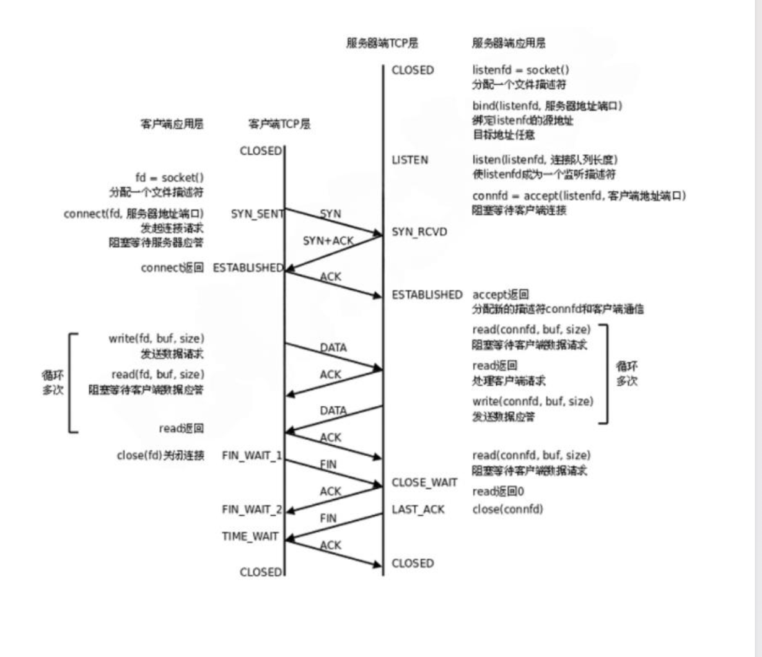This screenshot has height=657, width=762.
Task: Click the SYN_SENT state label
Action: (x=257, y=214)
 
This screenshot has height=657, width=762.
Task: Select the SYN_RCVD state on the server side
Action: (x=419, y=232)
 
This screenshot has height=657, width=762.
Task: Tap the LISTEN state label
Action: (x=409, y=160)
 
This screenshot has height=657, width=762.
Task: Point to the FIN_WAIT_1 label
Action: (x=252, y=456)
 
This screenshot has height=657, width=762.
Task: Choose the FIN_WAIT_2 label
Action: (x=252, y=510)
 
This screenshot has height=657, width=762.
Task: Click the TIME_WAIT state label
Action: (x=250, y=536)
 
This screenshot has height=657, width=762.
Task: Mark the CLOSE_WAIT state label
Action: (x=424, y=482)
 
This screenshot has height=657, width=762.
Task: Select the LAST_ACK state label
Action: (x=418, y=510)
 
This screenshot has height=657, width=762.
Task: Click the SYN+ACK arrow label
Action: (x=328, y=240)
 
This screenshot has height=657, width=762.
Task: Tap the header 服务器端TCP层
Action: (x=382, y=43)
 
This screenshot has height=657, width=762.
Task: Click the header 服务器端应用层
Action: (x=509, y=43)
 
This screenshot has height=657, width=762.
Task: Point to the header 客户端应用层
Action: (x=172, y=124)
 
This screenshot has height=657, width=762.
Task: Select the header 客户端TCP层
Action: (x=279, y=124)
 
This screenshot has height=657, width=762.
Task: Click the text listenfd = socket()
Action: (x=520, y=70)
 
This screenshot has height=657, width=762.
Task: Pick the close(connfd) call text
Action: (x=507, y=510)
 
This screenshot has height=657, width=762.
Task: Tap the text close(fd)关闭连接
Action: (x=160, y=456)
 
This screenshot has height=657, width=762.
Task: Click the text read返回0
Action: (x=498, y=492)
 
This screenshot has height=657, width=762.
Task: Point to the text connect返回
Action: (x=172, y=268)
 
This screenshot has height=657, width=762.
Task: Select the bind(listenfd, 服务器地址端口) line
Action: (x=547, y=106)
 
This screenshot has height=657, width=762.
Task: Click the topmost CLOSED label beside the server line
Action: (x=413, y=70)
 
